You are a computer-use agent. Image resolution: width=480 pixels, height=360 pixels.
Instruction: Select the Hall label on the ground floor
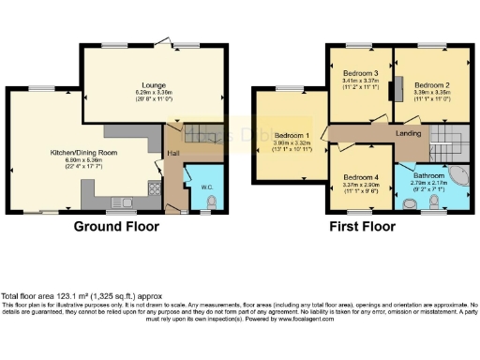[172, 152]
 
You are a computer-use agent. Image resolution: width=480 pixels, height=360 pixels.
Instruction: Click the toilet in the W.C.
[212, 202]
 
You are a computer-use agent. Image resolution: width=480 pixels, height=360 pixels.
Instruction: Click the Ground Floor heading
[116, 227]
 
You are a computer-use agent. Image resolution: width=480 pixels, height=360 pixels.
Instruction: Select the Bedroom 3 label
[360, 73]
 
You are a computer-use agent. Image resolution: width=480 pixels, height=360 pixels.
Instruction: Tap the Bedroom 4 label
[360, 178]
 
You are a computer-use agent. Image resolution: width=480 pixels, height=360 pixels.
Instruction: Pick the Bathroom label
[432, 175]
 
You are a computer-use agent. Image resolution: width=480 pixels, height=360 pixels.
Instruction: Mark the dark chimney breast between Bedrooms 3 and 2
[397, 87]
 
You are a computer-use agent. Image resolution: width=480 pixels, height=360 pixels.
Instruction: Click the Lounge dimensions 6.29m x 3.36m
[154, 92]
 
